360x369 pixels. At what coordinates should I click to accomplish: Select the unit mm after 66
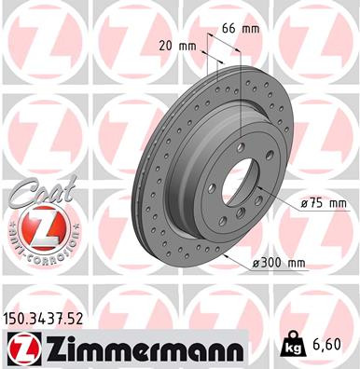click(x=250, y=29)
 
